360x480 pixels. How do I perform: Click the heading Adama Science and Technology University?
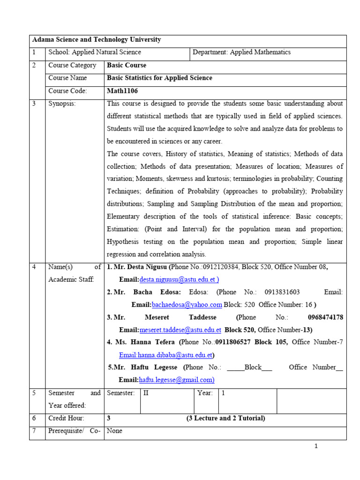[96, 40]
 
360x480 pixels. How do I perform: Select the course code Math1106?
[122, 91]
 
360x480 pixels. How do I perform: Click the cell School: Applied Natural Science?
[94, 52]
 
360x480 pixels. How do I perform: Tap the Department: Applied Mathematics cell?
[241, 52]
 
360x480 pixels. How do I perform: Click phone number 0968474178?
[325, 317]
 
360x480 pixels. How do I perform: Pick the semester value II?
[146, 393]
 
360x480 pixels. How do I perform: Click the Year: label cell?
[205, 393]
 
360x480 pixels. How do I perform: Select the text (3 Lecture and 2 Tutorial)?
[225, 418]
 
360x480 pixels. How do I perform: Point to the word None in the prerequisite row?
[115, 431]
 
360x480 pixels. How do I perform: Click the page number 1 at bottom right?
[316, 446]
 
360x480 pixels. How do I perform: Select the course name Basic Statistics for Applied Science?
[159, 78]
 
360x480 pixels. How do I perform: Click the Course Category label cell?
[72, 65]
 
